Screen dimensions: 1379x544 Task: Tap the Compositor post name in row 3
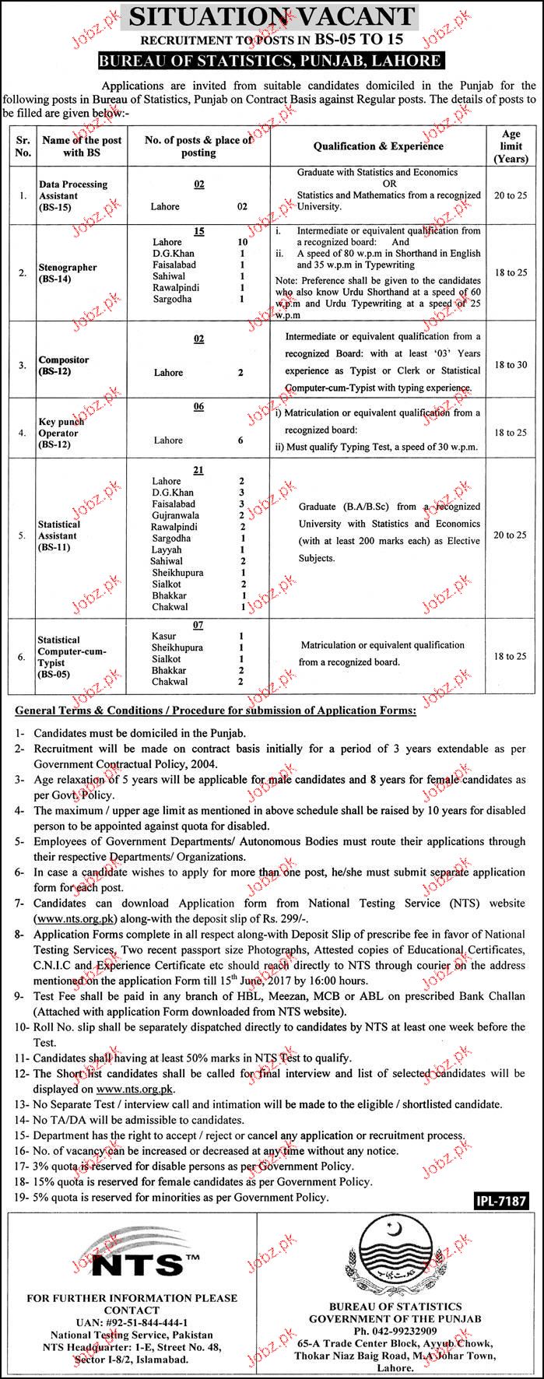tap(64, 366)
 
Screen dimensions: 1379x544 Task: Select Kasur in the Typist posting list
tap(164, 636)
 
